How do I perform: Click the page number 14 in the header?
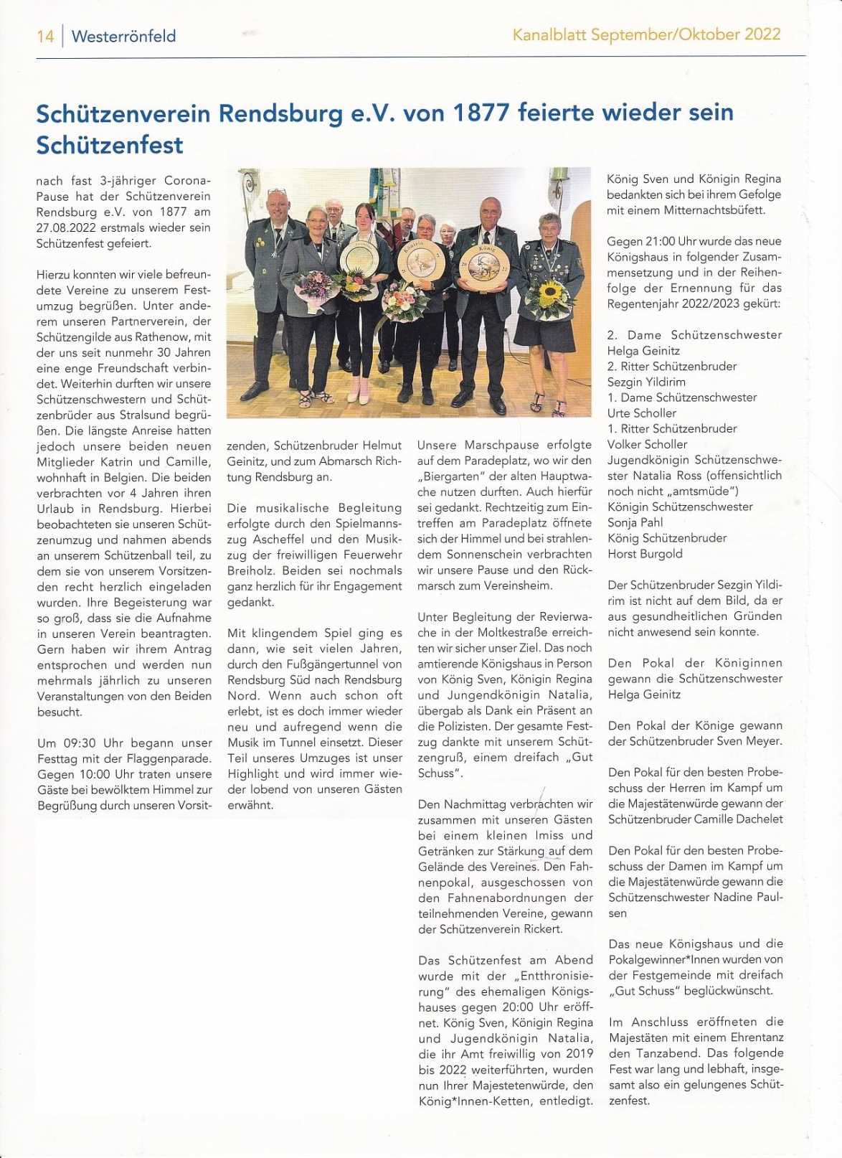(x=45, y=36)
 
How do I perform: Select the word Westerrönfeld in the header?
(x=123, y=36)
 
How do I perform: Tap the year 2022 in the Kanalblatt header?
(x=762, y=34)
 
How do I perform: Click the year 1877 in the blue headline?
(x=481, y=113)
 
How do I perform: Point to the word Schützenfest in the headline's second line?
(x=110, y=145)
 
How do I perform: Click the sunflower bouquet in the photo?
(x=549, y=296)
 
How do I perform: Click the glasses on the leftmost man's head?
(x=277, y=192)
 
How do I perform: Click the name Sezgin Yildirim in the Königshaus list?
(x=646, y=382)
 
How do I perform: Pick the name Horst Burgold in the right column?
(x=645, y=553)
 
